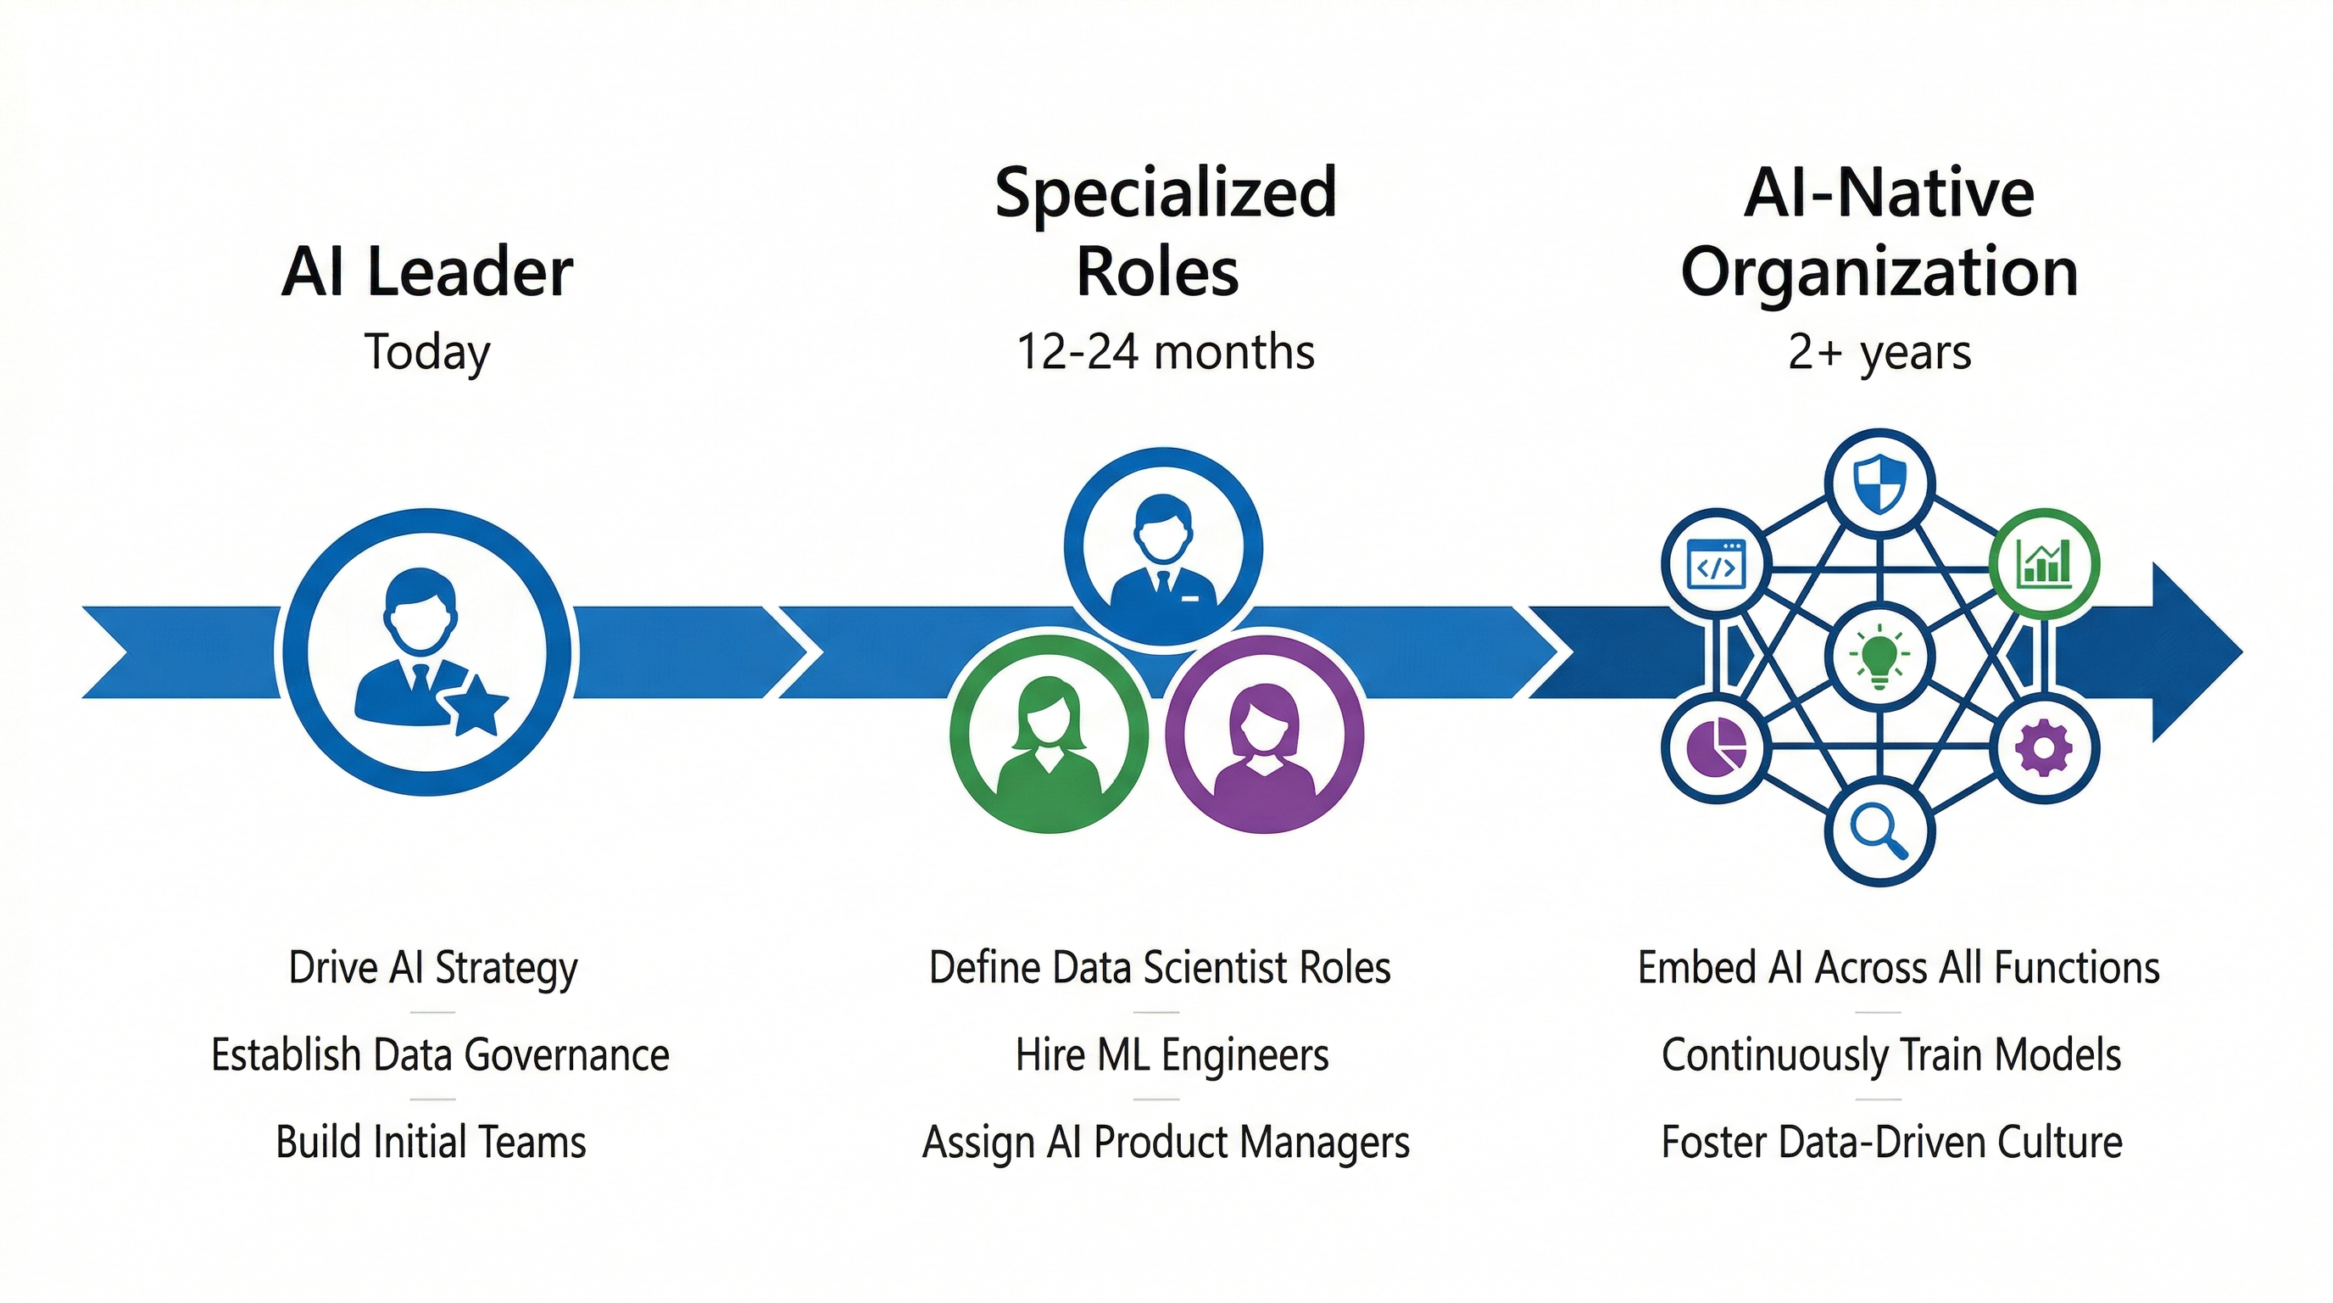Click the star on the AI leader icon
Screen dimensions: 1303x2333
tap(476, 707)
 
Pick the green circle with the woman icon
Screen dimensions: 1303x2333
tap(1049, 733)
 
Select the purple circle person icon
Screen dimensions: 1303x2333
tap(1263, 733)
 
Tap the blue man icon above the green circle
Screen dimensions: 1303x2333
tap(1163, 547)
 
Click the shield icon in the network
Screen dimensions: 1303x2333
tap(1879, 484)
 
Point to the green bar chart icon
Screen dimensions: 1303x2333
tap(2044, 562)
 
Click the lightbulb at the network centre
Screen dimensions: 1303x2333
tap(1879, 654)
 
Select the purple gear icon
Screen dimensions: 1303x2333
tap(2044, 747)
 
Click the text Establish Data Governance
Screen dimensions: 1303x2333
tap(440, 1054)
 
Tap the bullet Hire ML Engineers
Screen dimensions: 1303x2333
tap(1172, 1054)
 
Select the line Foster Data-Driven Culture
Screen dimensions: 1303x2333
tap(1891, 1142)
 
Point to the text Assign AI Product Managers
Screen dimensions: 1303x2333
tap(1166, 1142)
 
